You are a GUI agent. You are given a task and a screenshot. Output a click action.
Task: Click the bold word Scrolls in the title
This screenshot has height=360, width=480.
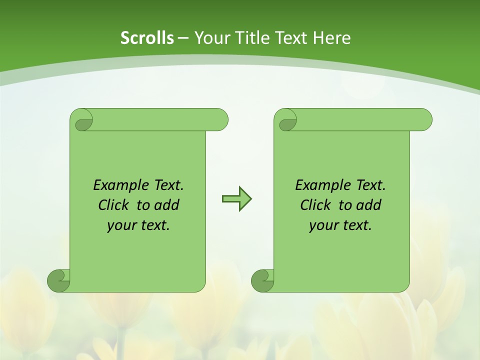[x=147, y=38]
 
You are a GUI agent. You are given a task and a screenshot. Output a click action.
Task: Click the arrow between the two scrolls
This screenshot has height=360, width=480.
[x=236, y=199]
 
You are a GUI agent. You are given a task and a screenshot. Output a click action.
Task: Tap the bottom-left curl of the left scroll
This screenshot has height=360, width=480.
[x=58, y=280]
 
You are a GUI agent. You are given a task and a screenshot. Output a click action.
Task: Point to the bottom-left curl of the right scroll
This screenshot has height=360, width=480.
[x=262, y=280]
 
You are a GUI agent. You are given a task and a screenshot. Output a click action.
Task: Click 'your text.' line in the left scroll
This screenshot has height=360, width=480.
[x=138, y=225]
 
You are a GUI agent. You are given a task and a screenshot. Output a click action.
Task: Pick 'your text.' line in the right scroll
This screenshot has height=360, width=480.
[x=340, y=225]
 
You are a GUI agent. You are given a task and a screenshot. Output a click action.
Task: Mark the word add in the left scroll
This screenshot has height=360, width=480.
[x=166, y=205]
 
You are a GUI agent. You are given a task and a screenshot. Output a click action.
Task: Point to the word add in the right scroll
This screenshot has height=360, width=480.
[x=368, y=205]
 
